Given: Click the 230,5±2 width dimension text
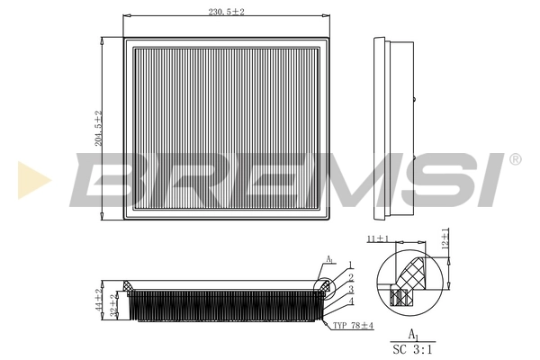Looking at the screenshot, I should tap(226, 11).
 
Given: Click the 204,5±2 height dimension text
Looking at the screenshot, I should tap(99, 128).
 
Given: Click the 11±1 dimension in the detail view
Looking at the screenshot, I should tap(377, 239).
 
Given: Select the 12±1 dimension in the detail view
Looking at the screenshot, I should tap(445, 238).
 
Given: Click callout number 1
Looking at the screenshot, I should tap(350, 265).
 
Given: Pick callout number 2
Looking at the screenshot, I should tap(350, 277).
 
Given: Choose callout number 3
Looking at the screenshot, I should tap(350, 290).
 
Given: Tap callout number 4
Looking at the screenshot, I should tap(350, 301).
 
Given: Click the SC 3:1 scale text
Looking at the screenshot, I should tap(412, 349).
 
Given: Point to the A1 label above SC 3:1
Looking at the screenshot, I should tap(412, 333).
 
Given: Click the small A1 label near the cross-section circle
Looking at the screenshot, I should tap(329, 261).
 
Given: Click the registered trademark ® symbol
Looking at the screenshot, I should tap(515, 159).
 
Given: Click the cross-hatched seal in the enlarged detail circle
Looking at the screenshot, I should tap(415, 271).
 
